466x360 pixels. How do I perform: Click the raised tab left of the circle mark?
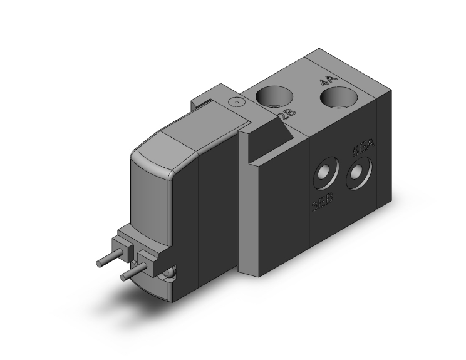pyautogui.click(x=207, y=98)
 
